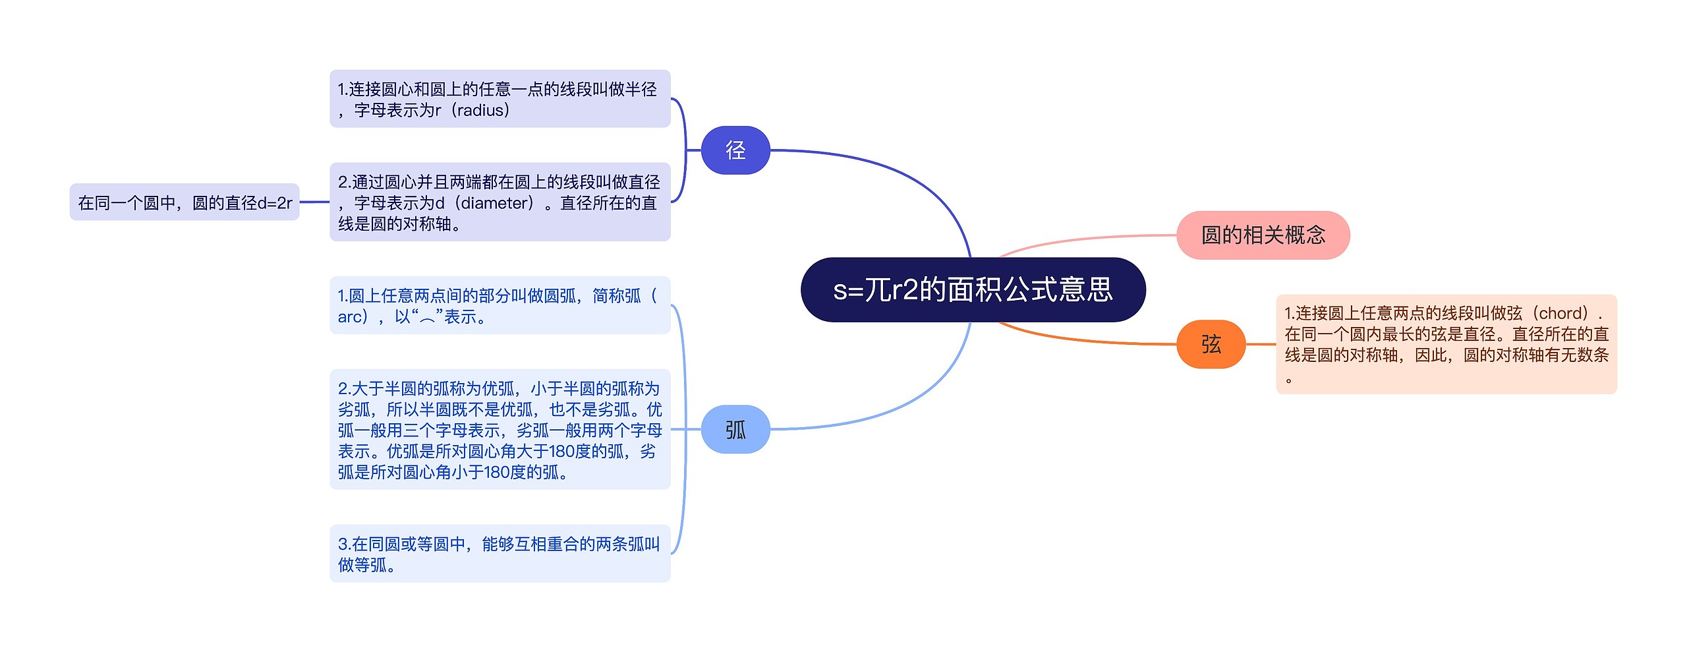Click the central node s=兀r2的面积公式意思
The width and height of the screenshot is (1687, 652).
(x=973, y=290)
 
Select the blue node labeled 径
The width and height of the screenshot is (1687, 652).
(x=735, y=150)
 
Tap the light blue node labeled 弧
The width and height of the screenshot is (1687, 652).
(x=735, y=430)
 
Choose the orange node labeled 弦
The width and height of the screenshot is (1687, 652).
(x=1211, y=344)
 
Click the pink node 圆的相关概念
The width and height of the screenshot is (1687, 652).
(x=1263, y=235)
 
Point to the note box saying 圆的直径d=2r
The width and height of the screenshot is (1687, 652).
(x=185, y=202)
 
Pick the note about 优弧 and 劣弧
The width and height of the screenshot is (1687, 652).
(x=500, y=430)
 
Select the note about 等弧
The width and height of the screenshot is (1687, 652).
(x=500, y=554)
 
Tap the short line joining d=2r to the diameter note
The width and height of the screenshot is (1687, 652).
(x=314, y=202)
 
